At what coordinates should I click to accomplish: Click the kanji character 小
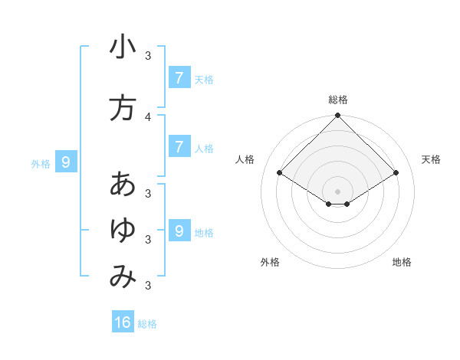click(123, 47)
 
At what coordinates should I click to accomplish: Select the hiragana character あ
click(123, 185)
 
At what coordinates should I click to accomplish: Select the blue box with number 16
click(123, 322)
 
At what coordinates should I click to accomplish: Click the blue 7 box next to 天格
click(179, 77)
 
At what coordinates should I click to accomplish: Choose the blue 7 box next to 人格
click(179, 146)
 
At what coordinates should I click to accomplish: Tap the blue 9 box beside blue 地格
click(179, 231)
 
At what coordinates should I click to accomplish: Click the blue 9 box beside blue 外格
click(66, 162)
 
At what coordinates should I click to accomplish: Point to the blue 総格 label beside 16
click(147, 324)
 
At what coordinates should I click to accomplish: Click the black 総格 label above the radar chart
click(338, 100)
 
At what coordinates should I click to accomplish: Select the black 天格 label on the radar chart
click(432, 159)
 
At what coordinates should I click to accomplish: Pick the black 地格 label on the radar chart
click(402, 262)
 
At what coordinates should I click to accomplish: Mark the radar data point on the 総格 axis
click(338, 116)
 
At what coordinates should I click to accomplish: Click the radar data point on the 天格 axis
click(396, 172)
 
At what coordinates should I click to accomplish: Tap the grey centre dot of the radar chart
click(338, 191)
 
